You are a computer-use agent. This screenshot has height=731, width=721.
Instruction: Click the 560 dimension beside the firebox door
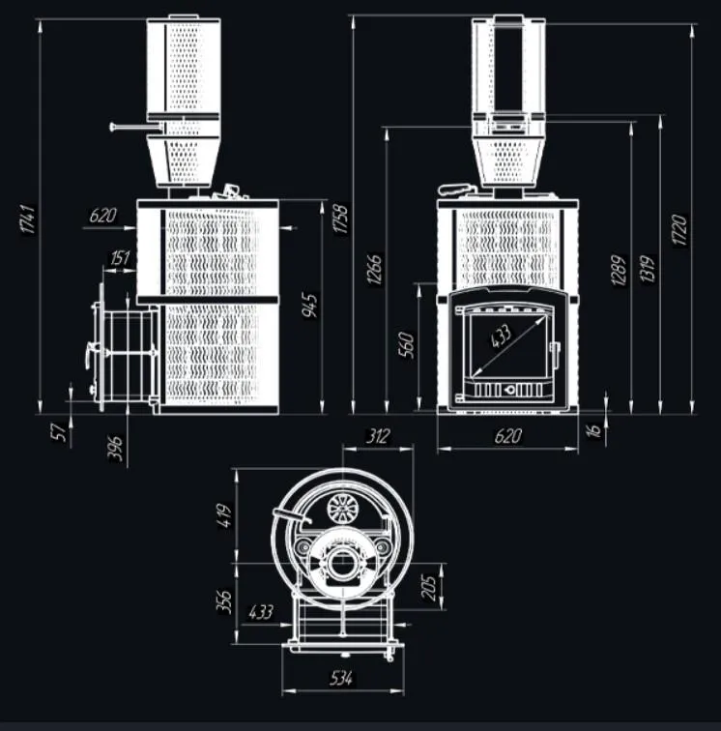point(406,344)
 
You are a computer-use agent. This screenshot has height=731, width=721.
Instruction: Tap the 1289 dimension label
point(620,273)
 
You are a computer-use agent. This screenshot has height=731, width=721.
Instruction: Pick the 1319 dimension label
point(647,273)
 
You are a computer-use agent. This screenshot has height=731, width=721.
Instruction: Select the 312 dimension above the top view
point(378,436)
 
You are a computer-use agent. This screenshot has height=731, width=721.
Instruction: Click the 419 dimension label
point(226,512)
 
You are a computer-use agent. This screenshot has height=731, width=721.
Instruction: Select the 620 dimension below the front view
point(507,436)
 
